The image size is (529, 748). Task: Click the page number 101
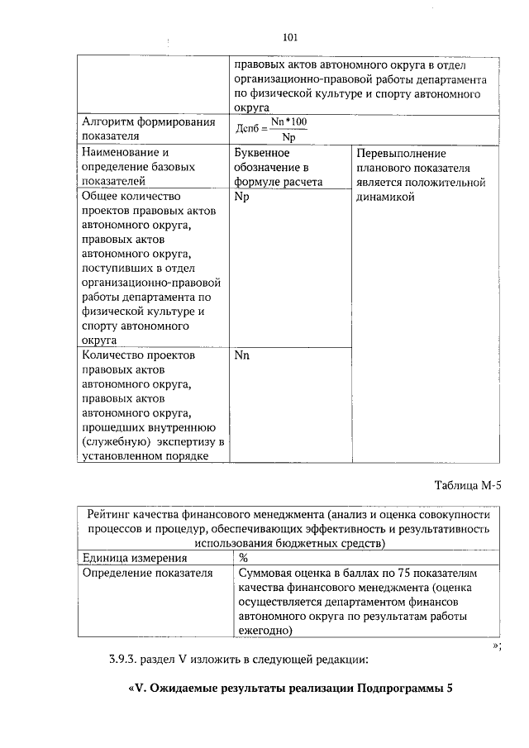point(289,37)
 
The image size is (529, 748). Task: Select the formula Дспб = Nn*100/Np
point(271,129)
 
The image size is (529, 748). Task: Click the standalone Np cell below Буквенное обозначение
point(241,198)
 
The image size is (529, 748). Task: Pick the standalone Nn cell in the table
point(241,355)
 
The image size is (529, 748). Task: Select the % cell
point(243,558)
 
